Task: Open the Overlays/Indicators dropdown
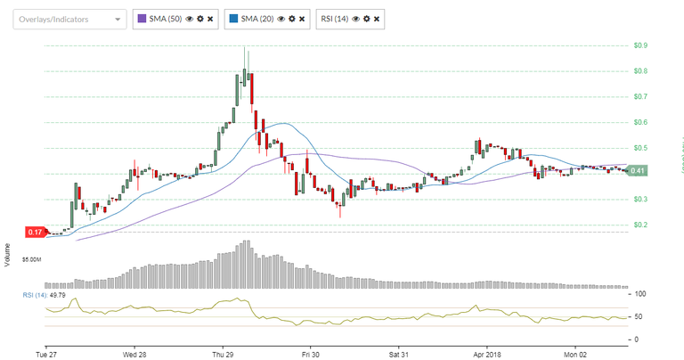coord(69,18)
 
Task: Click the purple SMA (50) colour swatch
coord(142,18)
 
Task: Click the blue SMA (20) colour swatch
coord(233,18)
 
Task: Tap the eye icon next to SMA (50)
coord(190,18)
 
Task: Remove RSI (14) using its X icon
coord(377,18)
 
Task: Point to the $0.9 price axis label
coord(640,45)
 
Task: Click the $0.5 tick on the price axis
coord(640,148)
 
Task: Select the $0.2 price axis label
coord(640,225)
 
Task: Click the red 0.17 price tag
coord(34,233)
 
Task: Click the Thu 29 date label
coord(223,352)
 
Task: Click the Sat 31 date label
coord(398,352)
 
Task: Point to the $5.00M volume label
coord(35,261)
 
